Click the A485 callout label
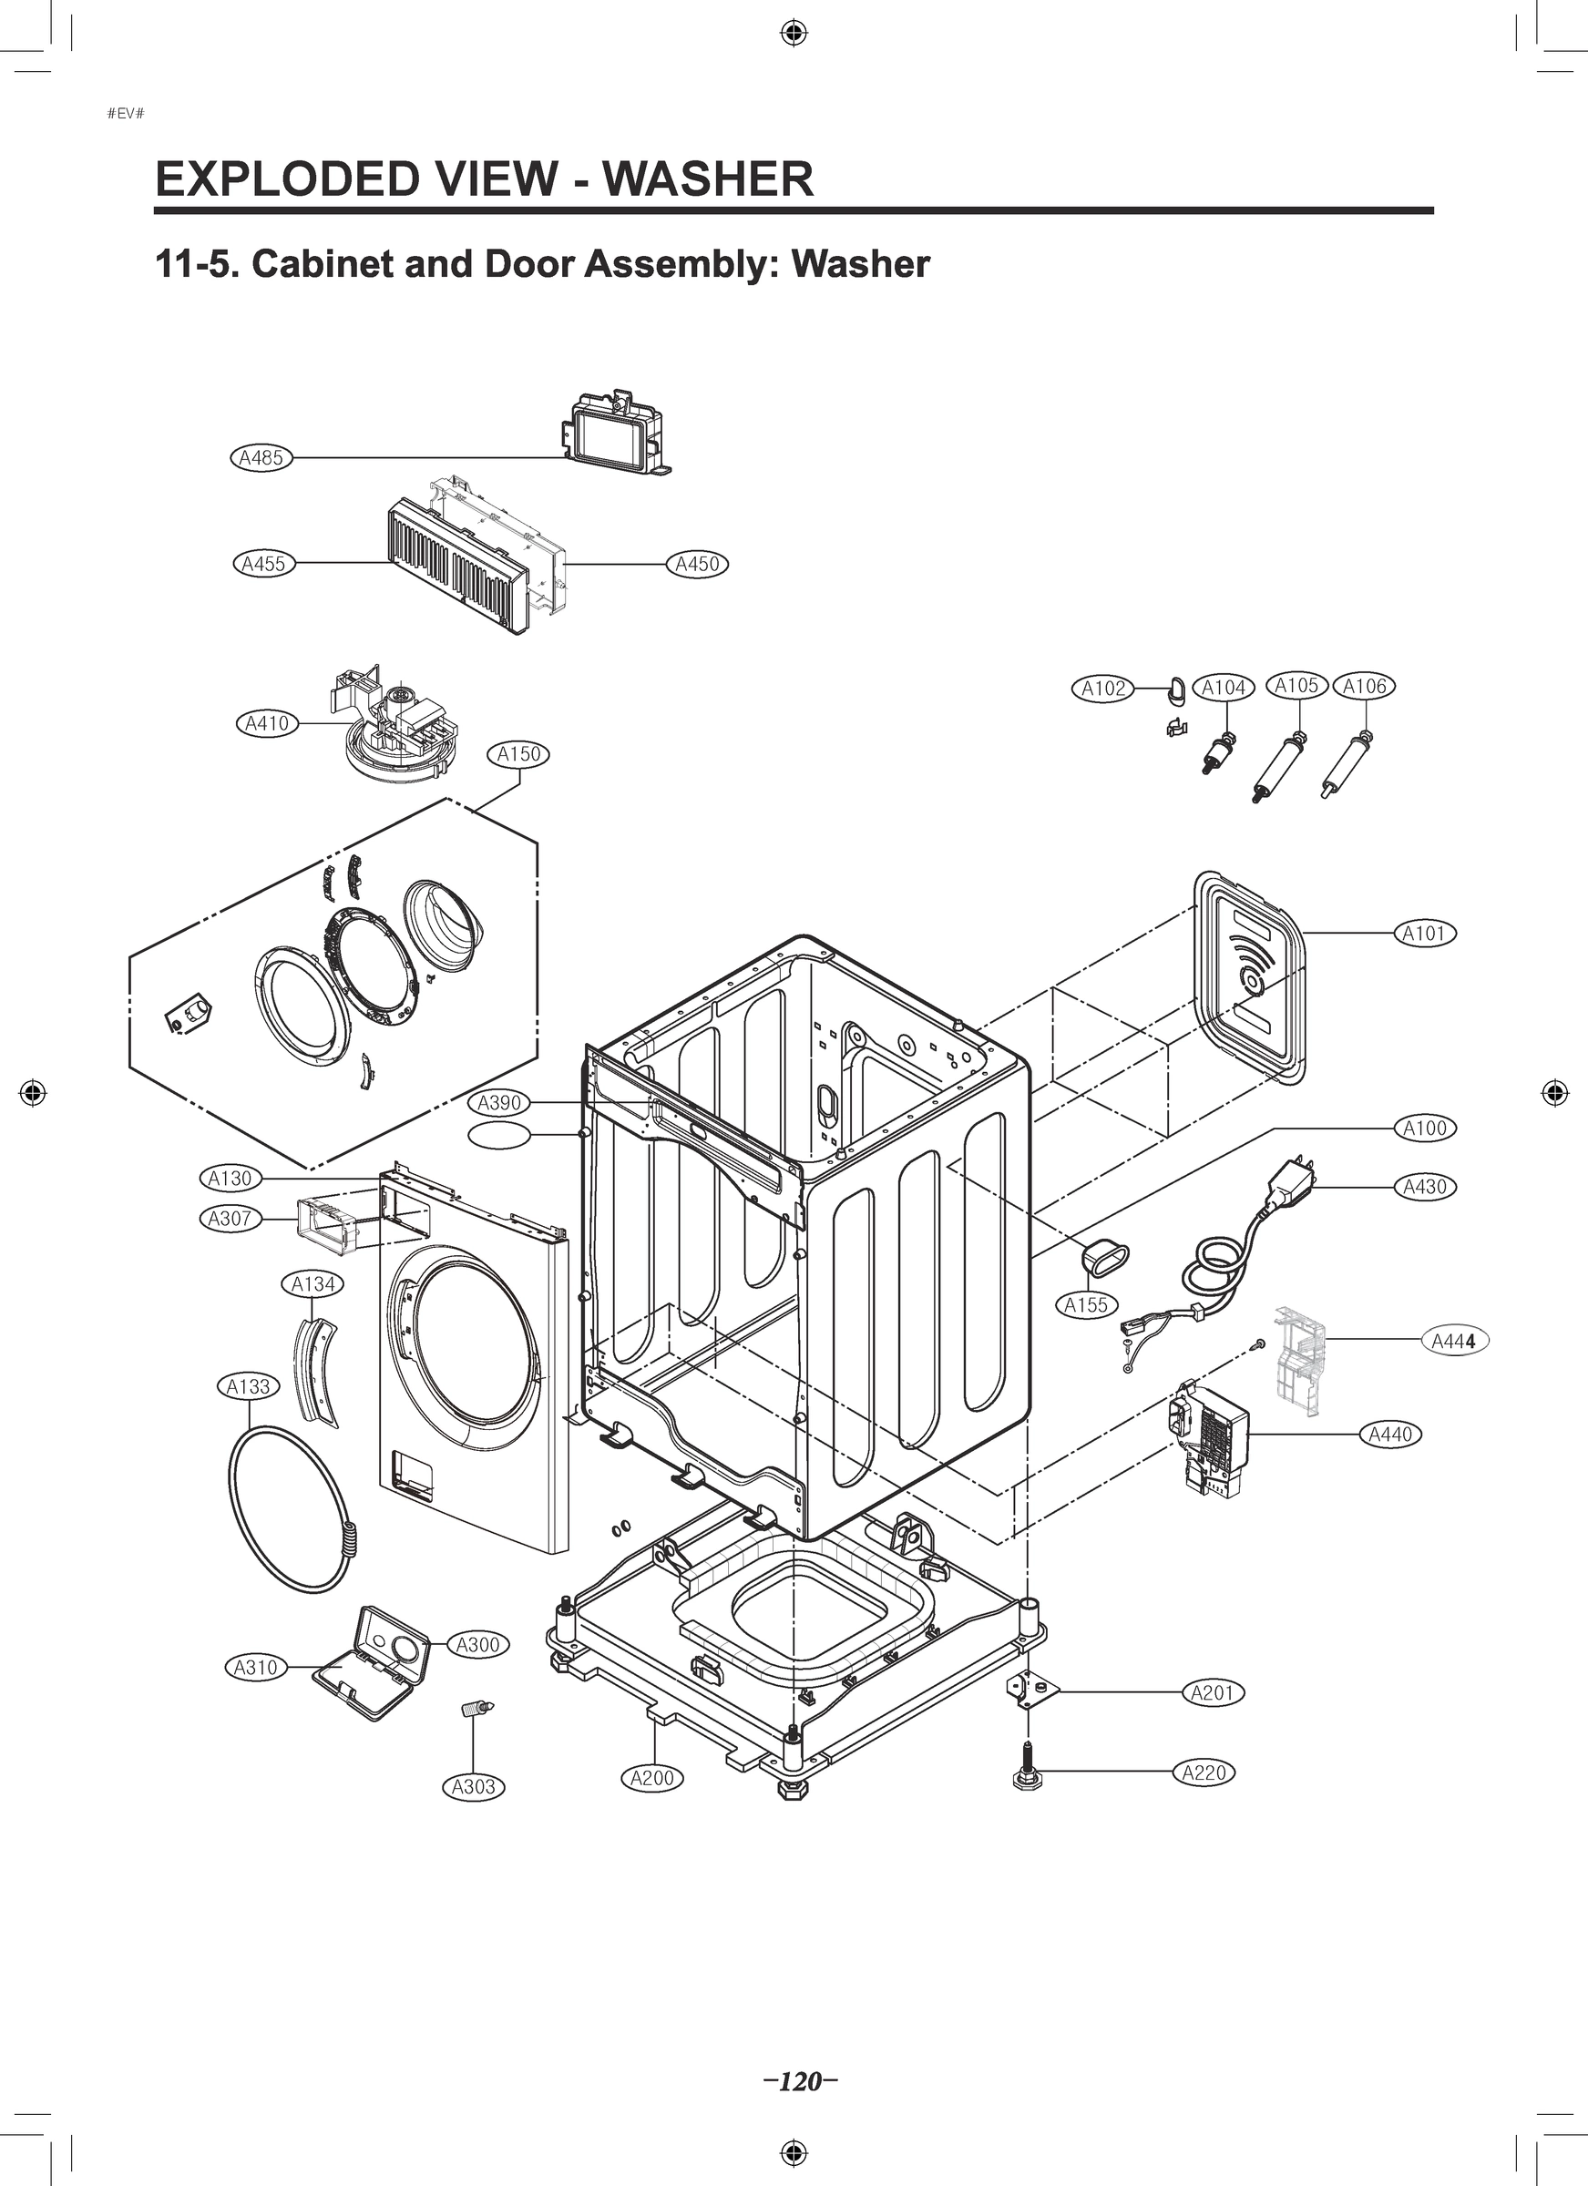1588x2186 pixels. coord(261,458)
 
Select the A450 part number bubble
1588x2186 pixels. coord(697,564)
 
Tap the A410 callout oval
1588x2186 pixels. coord(267,723)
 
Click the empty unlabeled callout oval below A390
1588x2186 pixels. coord(499,1136)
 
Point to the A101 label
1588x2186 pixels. coord(1425,933)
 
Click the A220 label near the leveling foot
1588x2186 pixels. coord(1204,1772)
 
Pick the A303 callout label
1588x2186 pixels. coord(474,1787)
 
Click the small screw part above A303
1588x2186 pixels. coord(476,1711)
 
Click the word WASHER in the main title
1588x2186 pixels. coord(708,179)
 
